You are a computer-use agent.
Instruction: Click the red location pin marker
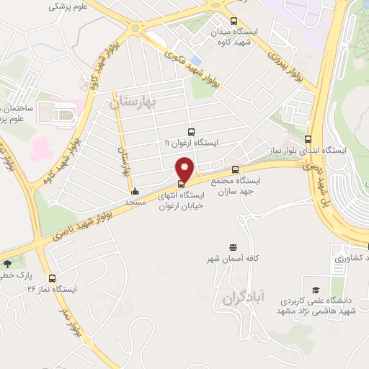(x=185, y=169)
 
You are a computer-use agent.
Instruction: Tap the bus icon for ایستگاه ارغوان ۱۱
(x=191, y=132)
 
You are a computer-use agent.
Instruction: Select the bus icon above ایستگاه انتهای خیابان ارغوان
(x=180, y=183)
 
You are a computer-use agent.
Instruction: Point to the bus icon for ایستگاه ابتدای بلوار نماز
(x=308, y=140)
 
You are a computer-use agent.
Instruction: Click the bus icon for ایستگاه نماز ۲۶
(x=52, y=277)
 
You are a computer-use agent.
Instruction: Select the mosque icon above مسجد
(x=135, y=192)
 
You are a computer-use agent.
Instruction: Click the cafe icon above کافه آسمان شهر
(x=232, y=246)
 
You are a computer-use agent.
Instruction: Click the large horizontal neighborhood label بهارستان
(x=133, y=104)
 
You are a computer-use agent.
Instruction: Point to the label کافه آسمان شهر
(x=233, y=258)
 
